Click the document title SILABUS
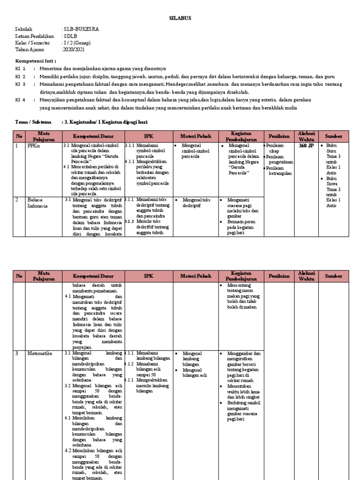pyautogui.click(x=180, y=18)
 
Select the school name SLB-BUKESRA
pyautogui.click(x=81, y=29)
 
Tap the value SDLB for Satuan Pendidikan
pyautogui.click(x=70, y=36)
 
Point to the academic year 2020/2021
pyautogui.click(x=74, y=49)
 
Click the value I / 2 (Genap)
pyautogui.click(x=76, y=43)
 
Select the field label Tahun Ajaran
pyautogui.click(x=28, y=49)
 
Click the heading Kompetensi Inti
pyautogui.click(x=36, y=61)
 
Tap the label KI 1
pyautogui.click(x=20, y=68)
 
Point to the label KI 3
pyautogui.click(x=20, y=84)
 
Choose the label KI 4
pyautogui.click(x=20, y=100)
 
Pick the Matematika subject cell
pyautogui.click(x=40, y=353)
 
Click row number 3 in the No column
pyautogui.click(x=18, y=353)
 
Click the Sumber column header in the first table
pyautogui.click(x=333, y=136)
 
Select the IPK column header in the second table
pyautogui.click(x=148, y=276)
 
